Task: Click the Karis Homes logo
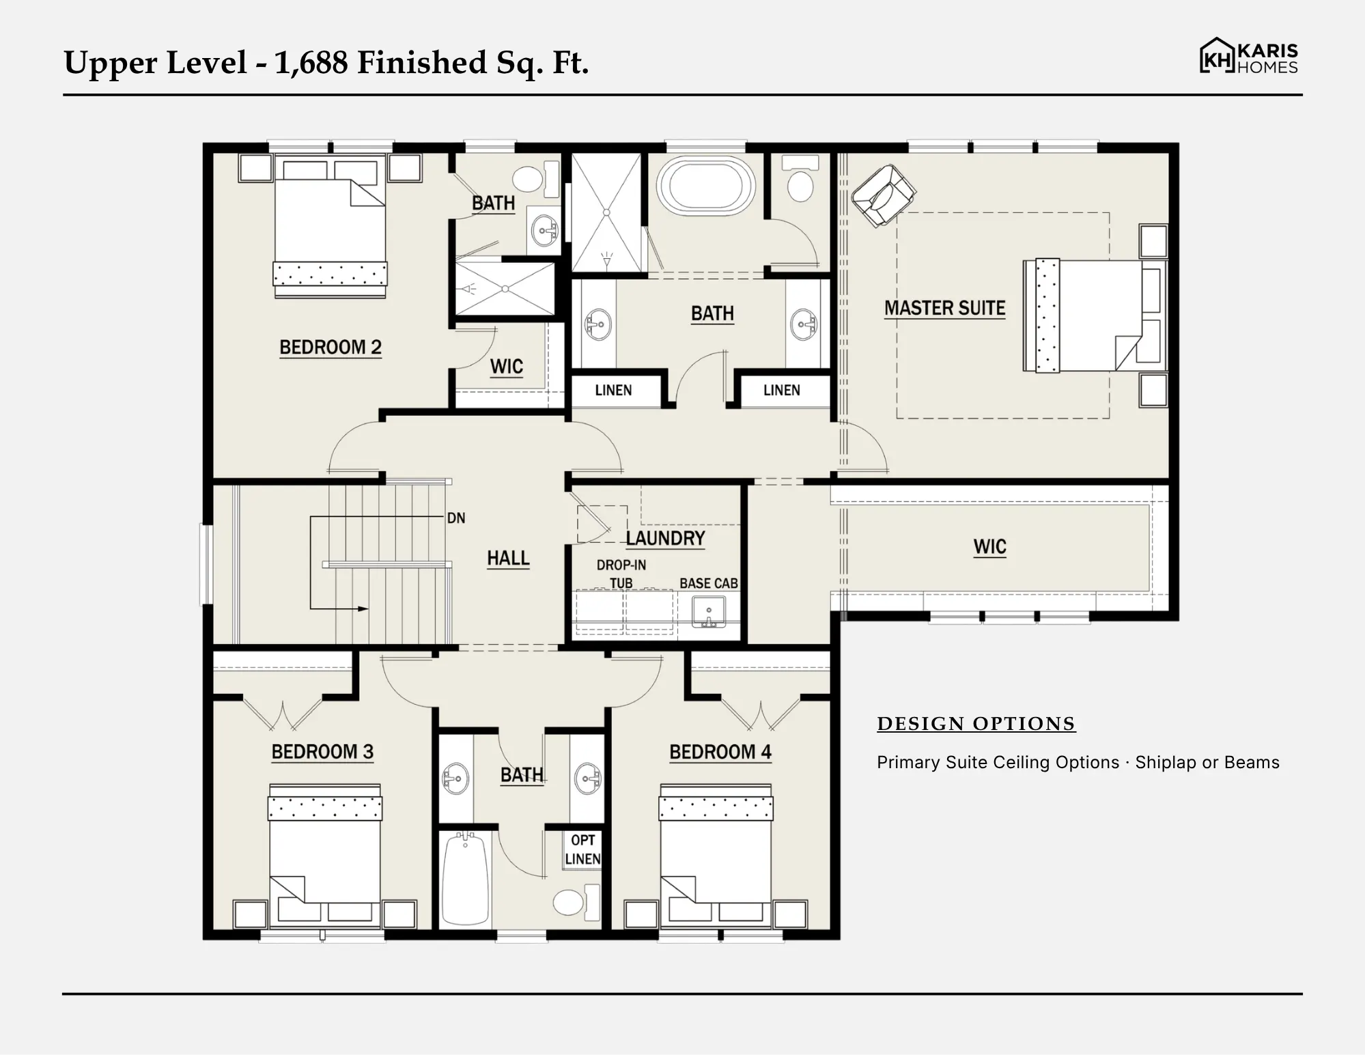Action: (x=1248, y=56)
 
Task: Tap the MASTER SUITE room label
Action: (x=944, y=309)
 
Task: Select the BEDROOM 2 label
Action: (x=330, y=348)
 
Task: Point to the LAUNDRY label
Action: (x=665, y=539)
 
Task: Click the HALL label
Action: (x=508, y=559)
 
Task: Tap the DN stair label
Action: (x=456, y=518)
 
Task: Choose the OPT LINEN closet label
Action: (x=582, y=849)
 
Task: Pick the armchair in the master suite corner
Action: (x=883, y=195)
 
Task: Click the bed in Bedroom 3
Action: (x=325, y=856)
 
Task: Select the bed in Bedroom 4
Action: (x=716, y=856)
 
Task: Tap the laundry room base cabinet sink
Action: (x=709, y=612)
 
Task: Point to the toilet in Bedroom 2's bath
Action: (x=535, y=179)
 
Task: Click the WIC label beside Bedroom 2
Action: (x=507, y=367)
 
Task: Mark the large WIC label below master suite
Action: (x=989, y=547)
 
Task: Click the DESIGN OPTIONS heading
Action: (x=976, y=724)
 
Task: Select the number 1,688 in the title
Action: (x=311, y=63)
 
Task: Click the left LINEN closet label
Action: (x=613, y=391)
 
